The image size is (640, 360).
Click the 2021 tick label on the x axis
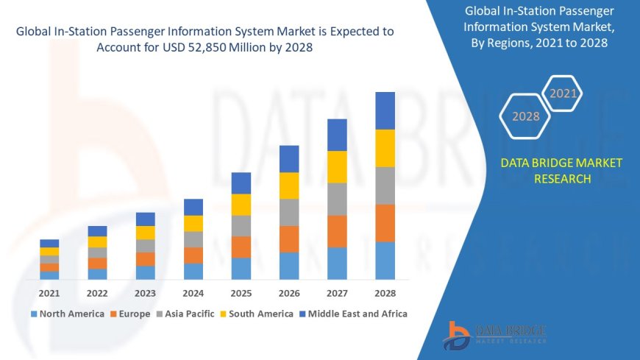pyautogui.click(x=49, y=293)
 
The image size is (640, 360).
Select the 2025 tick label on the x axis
pyautogui.click(x=241, y=293)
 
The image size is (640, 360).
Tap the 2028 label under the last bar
pyautogui.click(x=385, y=293)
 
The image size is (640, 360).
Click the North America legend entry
pyautogui.click(x=67, y=314)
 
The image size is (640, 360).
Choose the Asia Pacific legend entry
pyautogui.click(x=183, y=314)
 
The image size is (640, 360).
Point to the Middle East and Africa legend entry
pyautogui.click(x=353, y=314)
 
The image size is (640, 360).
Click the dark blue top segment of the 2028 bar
pyautogui.click(x=385, y=110)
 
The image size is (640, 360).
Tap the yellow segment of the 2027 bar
pyautogui.click(x=337, y=166)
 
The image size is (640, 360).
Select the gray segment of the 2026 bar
pyautogui.click(x=289, y=212)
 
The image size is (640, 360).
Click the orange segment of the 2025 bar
pyautogui.click(x=241, y=247)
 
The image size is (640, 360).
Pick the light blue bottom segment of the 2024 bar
pyautogui.click(x=193, y=271)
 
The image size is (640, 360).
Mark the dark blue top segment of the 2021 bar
pyautogui.click(x=49, y=243)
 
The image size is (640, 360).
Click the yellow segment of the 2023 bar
pyautogui.click(x=146, y=233)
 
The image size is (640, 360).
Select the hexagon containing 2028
pyautogui.click(x=525, y=116)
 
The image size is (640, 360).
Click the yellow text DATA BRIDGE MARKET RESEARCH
pyautogui.click(x=561, y=171)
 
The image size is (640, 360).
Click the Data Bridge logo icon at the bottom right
pyautogui.click(x=457, y=336)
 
